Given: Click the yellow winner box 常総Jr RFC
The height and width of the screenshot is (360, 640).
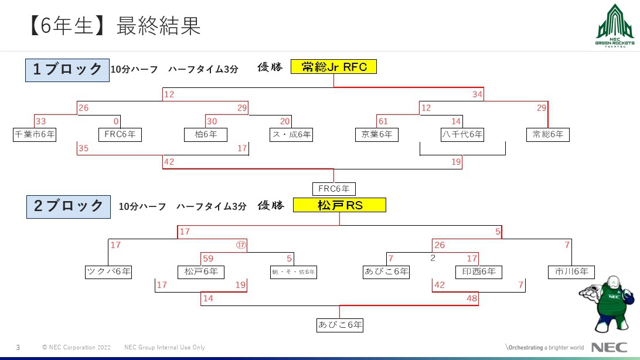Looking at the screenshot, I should (x=333, y=67).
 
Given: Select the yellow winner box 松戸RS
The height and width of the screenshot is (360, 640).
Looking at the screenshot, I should (x=340, y=205).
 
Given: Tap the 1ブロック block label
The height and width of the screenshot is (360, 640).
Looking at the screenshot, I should (x=67, y=70).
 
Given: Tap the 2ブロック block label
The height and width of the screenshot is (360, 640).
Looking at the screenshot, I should (x=68, y=206).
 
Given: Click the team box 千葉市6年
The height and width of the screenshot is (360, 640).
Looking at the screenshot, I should (x=35, y=135).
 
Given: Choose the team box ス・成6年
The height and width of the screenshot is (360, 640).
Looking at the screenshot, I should (x=291, y=135).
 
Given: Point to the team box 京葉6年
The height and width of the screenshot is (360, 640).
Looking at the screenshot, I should (x=376, y=135).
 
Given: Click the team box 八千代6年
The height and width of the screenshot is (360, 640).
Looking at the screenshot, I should (x=462, y=135).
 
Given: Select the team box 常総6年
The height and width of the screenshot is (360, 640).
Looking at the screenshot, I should (x=547, y=135).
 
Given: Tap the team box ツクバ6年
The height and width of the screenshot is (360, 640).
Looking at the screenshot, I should (x=108, y=272).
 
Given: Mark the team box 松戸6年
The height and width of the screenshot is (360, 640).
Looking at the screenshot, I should (x=200, y=272).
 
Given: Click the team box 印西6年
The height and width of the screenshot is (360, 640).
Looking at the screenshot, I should (x=478, y=272).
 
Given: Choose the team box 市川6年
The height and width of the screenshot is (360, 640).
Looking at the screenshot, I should (x=571, y=272).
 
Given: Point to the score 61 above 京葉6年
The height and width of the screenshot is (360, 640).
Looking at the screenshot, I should (x=384, y=121).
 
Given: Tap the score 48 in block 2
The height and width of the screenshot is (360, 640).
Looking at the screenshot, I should (x=472, y=298).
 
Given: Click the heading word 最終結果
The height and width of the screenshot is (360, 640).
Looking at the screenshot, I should (x=158, y=26).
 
